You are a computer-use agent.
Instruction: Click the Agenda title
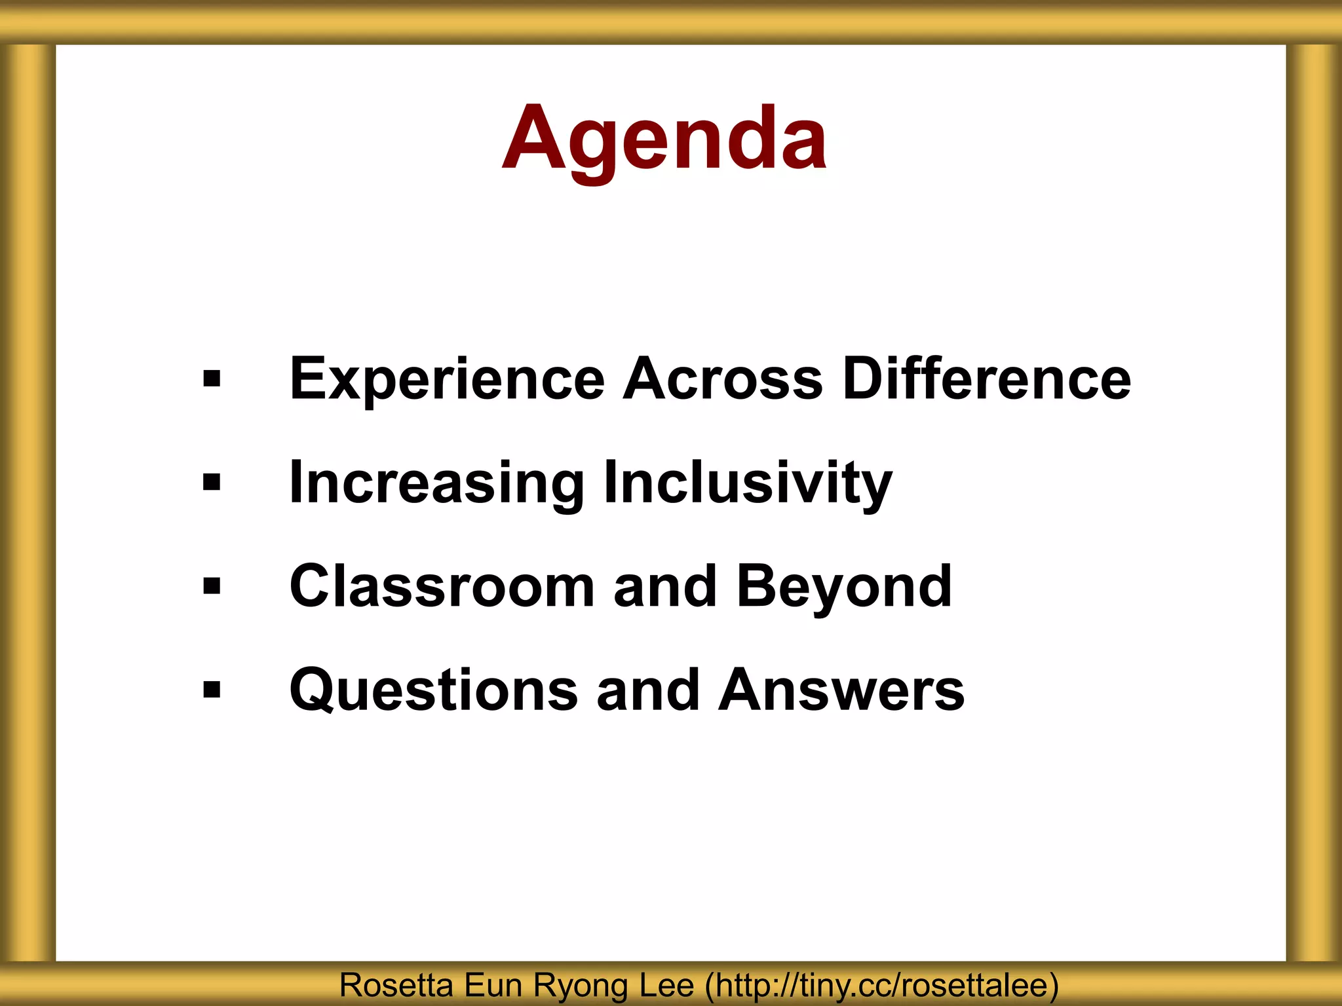point(664,139)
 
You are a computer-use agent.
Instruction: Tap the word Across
point(722,379)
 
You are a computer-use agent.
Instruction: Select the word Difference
point(986,379)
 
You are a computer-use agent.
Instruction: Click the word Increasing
point(436,483)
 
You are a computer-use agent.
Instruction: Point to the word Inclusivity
point(748,483)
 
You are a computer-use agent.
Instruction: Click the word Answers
point(841,690)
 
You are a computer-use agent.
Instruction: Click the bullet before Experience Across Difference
point(212,379)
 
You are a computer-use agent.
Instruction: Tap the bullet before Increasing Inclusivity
point(212,483)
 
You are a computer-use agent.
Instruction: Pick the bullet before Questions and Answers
point(212,690)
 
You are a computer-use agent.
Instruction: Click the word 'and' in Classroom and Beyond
point(665,586)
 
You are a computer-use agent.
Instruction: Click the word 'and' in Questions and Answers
point(648,690)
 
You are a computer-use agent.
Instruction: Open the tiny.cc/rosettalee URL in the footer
point(881,986)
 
